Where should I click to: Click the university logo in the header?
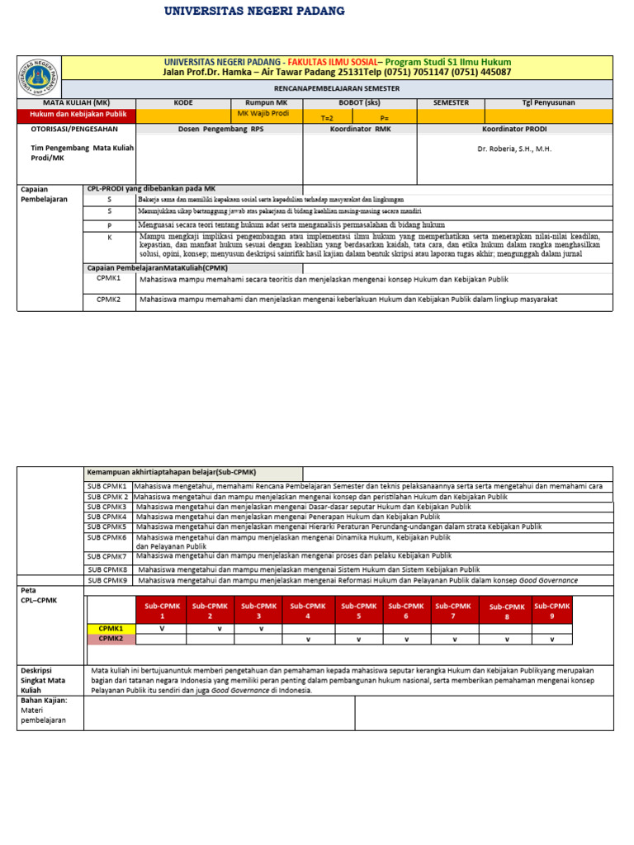point(39,77)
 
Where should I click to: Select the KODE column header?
point(182,103)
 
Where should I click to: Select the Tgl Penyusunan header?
point(549,103)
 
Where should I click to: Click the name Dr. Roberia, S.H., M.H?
point(514,149)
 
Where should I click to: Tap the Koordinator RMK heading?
point(361,130)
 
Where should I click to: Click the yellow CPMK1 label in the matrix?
point(111,629)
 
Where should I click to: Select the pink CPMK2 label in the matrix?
point(111,639)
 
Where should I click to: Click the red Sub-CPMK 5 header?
point(358,611)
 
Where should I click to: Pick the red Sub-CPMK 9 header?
point(551,611)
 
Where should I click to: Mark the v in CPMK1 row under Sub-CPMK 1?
point(162,629)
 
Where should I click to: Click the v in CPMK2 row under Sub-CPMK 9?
point(551,640)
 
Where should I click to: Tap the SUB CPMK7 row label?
point(108,557)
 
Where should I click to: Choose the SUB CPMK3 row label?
point(108,507)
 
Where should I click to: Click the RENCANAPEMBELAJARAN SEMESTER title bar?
point(337,87)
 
